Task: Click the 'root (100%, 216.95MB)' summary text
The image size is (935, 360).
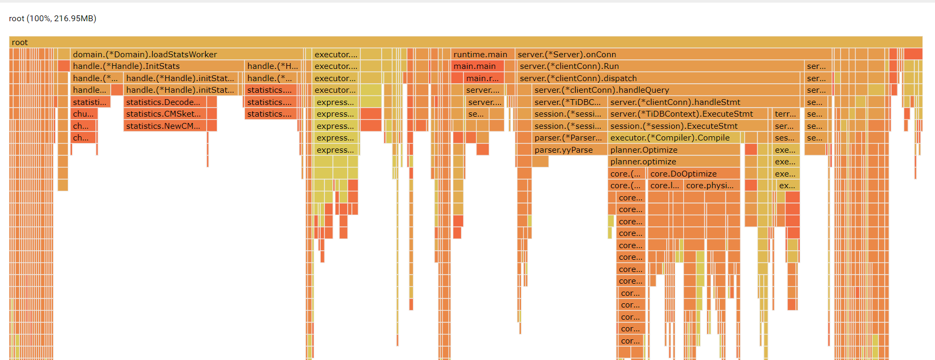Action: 52,19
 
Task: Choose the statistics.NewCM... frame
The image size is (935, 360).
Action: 165,126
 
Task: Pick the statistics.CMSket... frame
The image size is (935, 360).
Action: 165,114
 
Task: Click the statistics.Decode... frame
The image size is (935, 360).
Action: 165,102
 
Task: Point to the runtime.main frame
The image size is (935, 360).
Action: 480,55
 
